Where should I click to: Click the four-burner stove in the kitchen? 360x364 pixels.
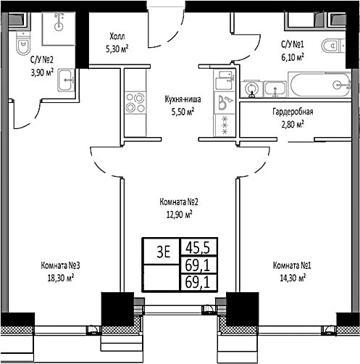tap(135, 102)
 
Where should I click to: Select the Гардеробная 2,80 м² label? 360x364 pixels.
tap(292, 117)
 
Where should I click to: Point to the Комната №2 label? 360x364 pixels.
tap(178, 208)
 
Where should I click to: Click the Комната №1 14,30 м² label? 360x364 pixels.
tap(293, 270)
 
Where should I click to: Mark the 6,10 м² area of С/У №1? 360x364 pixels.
tap(292, 54)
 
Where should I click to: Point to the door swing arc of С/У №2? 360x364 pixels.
tap(29, 116)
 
